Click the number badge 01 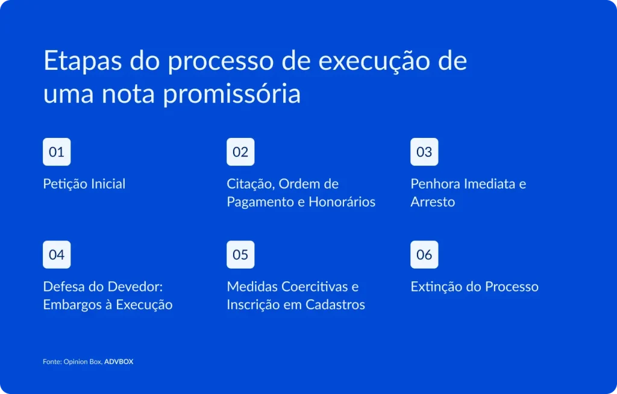click(57, 152)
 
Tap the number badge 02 click(240, 152)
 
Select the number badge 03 click(424, 152)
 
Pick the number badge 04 click(57, 254)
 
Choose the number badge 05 click(240, 254)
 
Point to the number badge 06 click(424, 254)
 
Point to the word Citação click(251, 184)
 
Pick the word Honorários click(342, 202)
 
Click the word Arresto click(433, 202)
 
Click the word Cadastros click(335, 305)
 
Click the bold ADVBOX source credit click(119, 362)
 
